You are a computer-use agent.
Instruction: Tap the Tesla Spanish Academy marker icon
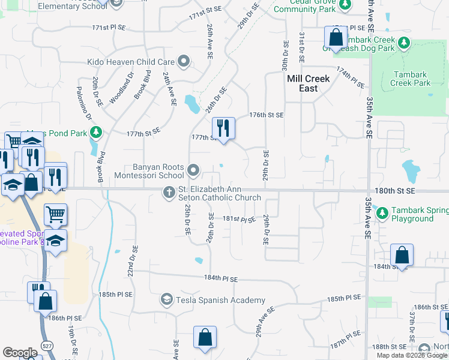166,299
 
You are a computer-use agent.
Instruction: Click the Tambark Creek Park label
411,79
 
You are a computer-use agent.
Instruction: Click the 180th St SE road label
394,190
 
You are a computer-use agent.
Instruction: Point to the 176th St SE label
266,115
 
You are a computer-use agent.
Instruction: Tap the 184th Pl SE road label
221,279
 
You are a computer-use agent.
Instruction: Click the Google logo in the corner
20,353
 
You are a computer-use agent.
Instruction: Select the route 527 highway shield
46,344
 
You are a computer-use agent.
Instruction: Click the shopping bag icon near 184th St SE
402,256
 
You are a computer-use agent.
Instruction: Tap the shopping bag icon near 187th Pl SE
205,337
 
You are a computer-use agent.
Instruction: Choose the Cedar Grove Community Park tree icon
345,5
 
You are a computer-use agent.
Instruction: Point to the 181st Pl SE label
240,220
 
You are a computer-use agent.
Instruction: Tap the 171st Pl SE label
109,28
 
